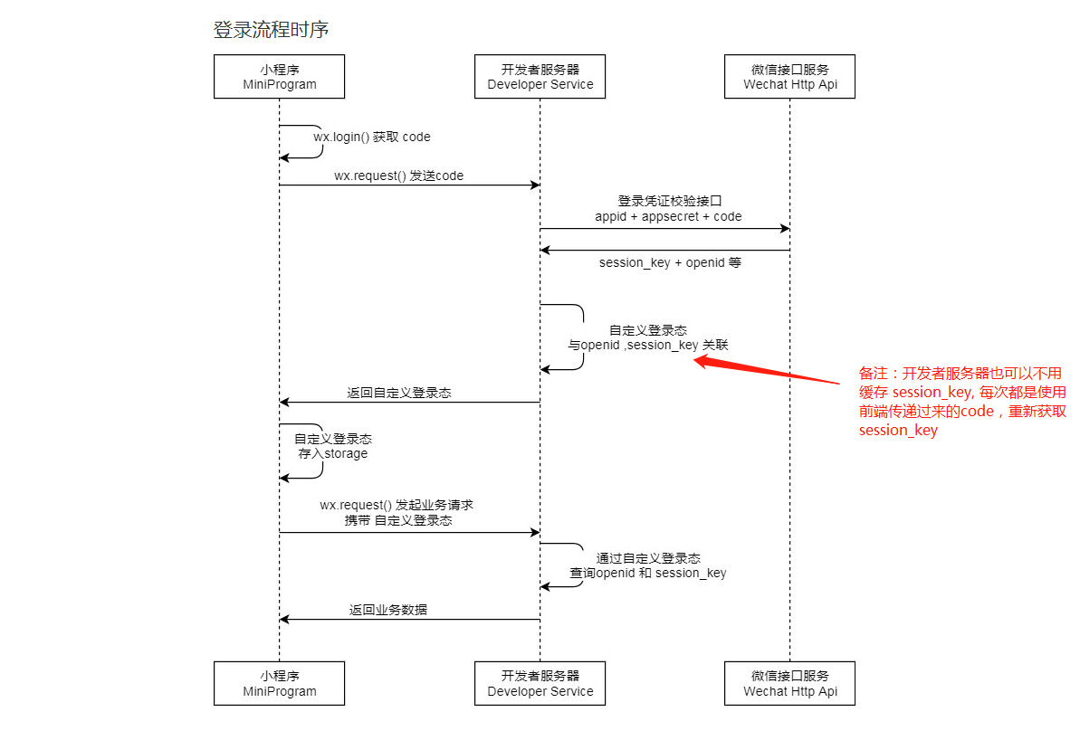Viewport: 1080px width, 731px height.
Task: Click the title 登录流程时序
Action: pyautogui.click(x=270, y=30)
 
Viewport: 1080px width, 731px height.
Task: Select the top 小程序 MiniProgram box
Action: pyautogui.click(x=279, y=76)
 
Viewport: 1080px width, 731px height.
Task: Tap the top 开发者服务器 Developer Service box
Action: pyautogui.click(x=540, y=76)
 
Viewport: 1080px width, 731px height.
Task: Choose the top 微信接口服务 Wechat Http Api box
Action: pyautogui.click(x=789, y=76)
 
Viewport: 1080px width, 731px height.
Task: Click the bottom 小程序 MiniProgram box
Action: pyautogui.click(x=279, y=683)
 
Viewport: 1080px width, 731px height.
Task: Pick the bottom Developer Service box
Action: pyautogui.click(x=540, y=683)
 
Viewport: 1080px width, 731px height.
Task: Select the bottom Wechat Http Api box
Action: pyautogui.click(x=789, y=683)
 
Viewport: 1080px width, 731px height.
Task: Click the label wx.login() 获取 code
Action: pyautogui.click(x=372, y=137)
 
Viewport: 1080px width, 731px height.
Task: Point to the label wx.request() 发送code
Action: pyautogui.click(x=398, y=176)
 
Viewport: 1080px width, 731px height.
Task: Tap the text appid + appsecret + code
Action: pyautogui.click(x=668, y=216)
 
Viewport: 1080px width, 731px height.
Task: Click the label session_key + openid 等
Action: pyautogui.click(x=670, y=262)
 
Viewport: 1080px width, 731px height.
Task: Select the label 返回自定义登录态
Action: pyautogui.click(x=399, y=394)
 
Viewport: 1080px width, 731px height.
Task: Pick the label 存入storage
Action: pyautogui.click(x=333, y=453)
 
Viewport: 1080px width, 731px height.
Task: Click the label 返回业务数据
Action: pyautogui.click(x=388, y=610)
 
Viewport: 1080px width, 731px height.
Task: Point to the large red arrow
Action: pyautogui.click(x=769, y=372)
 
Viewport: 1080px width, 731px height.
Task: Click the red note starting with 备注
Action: pyautogui.click(x=961, y=401)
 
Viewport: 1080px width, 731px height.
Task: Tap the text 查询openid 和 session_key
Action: pyautogui.click(x=647, y=573)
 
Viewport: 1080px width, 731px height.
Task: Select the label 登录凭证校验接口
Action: pyautogui.click(x=668, y=201)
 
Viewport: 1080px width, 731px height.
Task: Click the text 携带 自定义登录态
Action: pyautogui.click(x=398, y=520)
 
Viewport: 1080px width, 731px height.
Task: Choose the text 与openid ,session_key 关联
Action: pyautogui.click(x=647, y=345)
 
